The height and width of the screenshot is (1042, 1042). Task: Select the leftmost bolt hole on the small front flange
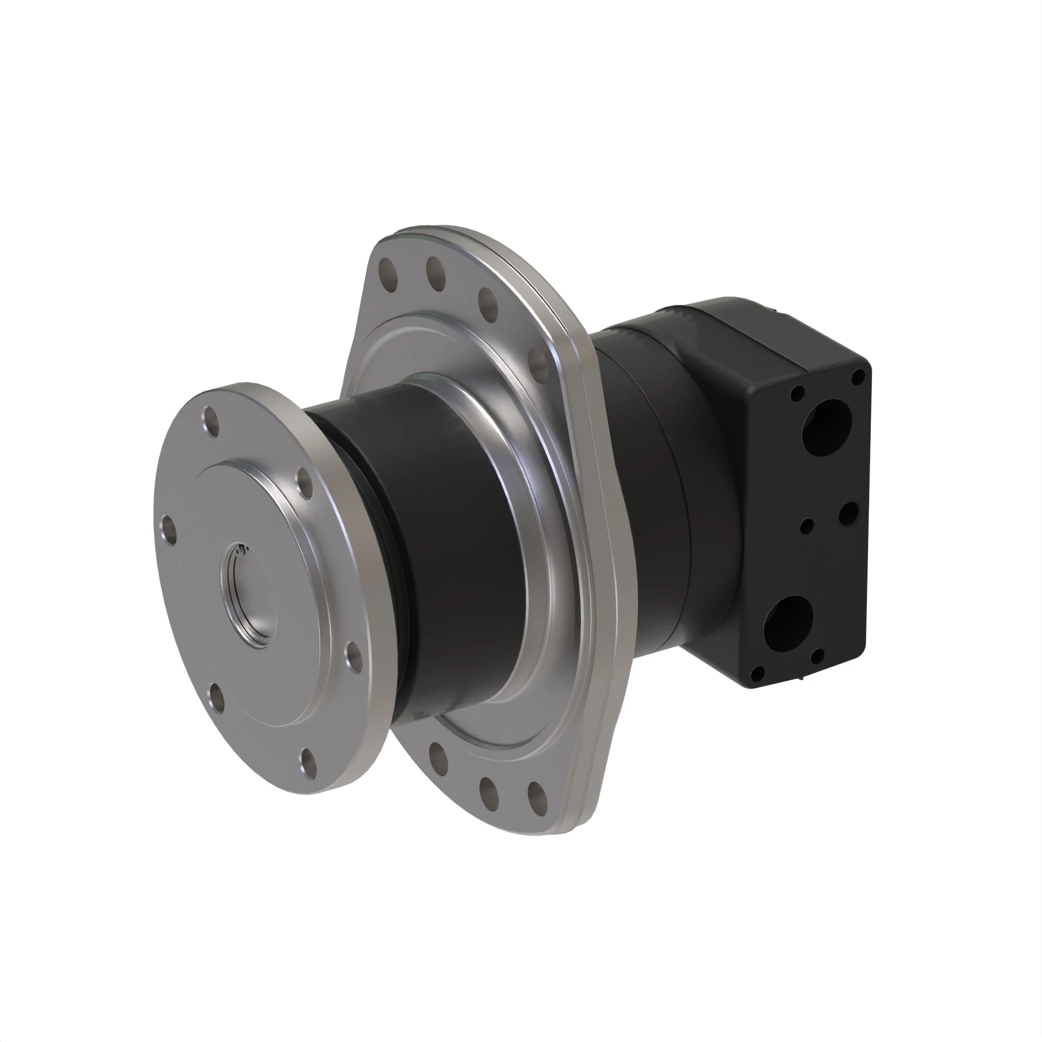[169, 531]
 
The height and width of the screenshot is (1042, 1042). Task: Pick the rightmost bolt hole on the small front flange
[353, 656]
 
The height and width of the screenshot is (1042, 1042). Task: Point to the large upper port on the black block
[826, 427]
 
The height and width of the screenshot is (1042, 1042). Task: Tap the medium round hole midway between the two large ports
[848, 514]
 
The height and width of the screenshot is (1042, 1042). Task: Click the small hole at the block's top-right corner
[858, 377]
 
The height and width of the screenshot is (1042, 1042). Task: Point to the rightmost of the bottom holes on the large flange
[537, 798]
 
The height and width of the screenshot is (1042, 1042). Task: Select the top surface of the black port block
[777, 329]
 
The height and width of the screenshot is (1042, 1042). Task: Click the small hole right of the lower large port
[817, 656]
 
